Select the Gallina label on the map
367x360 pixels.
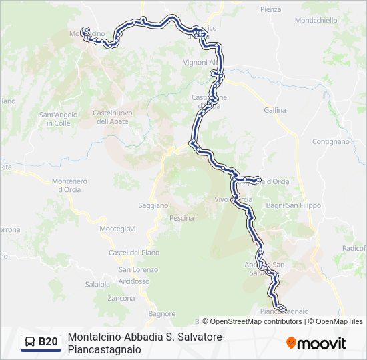[274, 110]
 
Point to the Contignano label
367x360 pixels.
[330, 142]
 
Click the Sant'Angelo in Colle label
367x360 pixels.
[59, 119]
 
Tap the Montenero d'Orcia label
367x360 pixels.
[69, 185]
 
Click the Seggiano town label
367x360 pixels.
[153, 205]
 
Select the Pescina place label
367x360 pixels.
[181, 218]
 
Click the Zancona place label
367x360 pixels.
[121, 298]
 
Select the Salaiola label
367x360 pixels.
[97, 284]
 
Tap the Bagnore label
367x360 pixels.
[162, 313]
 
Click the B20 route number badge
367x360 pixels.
[48, 342]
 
